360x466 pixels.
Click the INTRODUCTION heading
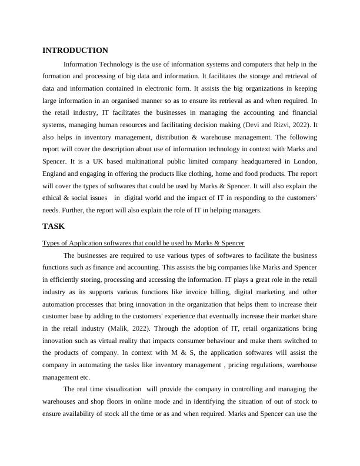[75, 51]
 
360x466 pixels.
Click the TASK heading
[54, 226]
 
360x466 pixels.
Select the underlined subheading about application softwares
[144, 243]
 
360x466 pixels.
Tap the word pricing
[227, 365]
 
